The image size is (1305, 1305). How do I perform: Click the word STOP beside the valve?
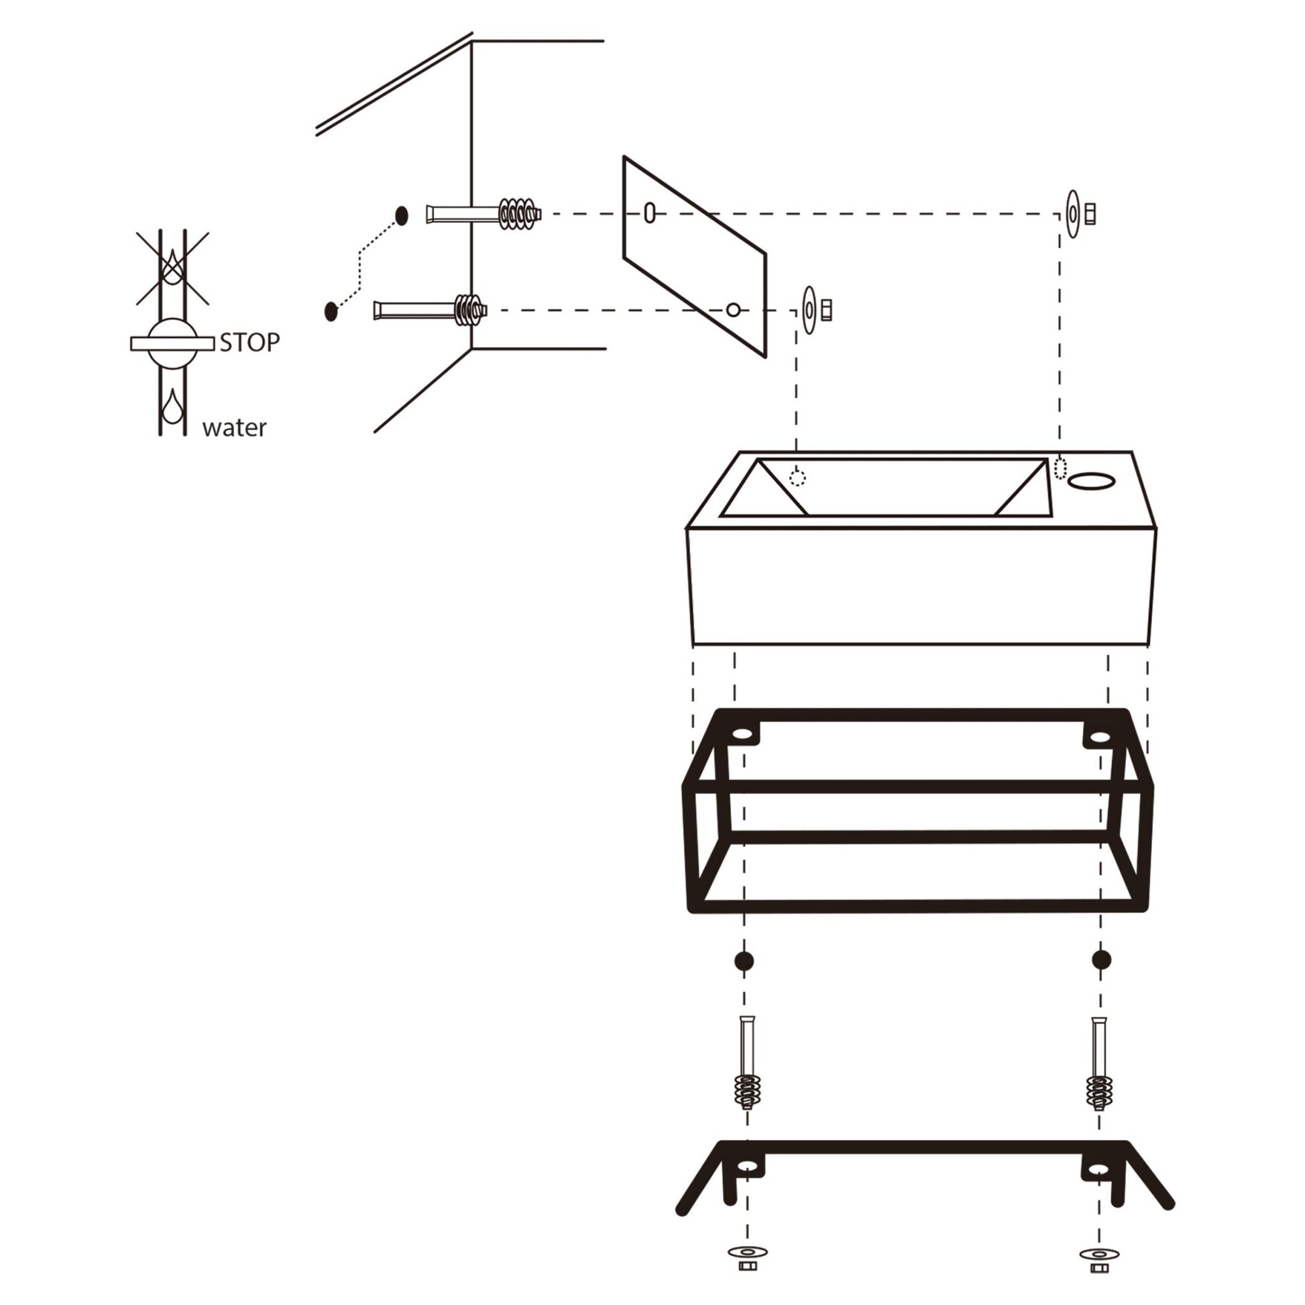pos(249,343)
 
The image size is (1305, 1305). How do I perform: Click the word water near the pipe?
pos(234,428)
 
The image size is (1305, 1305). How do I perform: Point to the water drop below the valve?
pos(173,406)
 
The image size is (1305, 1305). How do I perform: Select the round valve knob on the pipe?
pos(173,343)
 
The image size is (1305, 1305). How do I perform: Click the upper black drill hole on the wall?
pos(402,216)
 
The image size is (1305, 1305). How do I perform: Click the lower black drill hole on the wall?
pos(331,311)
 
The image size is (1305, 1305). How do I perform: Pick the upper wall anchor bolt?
pos(484,214)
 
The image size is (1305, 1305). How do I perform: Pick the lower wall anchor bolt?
pos(431,310)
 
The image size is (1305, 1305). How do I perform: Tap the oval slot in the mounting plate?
pos(649,213)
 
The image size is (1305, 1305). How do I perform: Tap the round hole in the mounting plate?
pos(733,310)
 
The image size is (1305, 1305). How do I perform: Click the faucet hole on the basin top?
pos(1091,481)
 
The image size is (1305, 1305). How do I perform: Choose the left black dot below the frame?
pos(744,961)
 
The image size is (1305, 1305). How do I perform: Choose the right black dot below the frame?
pos(1101,960)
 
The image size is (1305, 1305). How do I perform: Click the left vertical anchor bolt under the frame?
pos(746,1074)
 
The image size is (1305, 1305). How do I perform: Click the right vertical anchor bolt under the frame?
pos(1098,1074)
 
